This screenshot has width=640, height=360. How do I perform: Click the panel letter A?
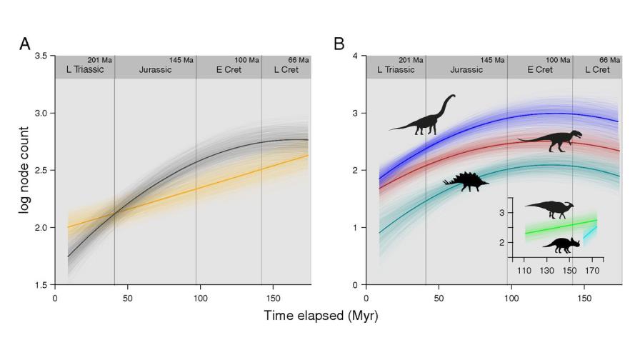pyautogui.click(x=25, y=44)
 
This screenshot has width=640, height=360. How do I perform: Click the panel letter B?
pyautogui.click(x=339, y=44)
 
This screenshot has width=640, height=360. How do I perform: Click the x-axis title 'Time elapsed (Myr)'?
pyautogui.click(x=320, y=315)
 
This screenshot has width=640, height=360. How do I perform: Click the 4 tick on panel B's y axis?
pyautogui.click(x=355, y=56)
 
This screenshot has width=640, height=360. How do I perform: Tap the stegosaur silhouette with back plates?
pyautogui.click(x=466, y=180)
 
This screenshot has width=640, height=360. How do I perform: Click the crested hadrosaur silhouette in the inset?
pyautogui.click(x=550, y=209)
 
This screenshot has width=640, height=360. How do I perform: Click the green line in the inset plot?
pyautogui.click(x=550, y=227)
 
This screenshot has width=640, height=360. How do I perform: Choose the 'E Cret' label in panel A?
pyautogui.click(x=229, y=70)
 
